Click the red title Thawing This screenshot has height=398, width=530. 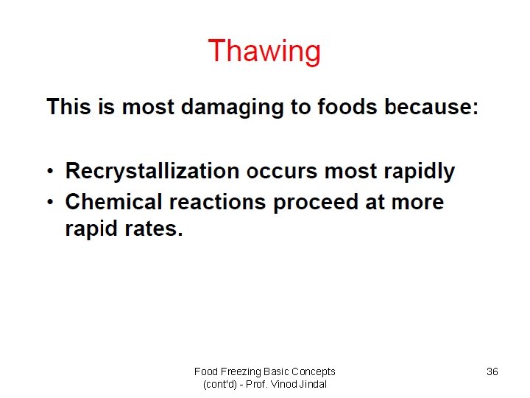[264, 52]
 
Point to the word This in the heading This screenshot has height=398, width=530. [69, 108]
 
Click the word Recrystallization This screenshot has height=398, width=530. [152, 172]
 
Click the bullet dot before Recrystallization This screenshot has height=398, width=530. [51, 172]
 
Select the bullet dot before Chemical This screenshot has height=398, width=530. [51, 203]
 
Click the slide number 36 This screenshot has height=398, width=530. [492, 371]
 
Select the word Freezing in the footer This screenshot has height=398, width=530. [244, 371]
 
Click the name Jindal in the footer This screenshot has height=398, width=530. [313, 384]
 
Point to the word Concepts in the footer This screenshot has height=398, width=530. [313, 371]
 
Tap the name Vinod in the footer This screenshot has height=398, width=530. [283, 384]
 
